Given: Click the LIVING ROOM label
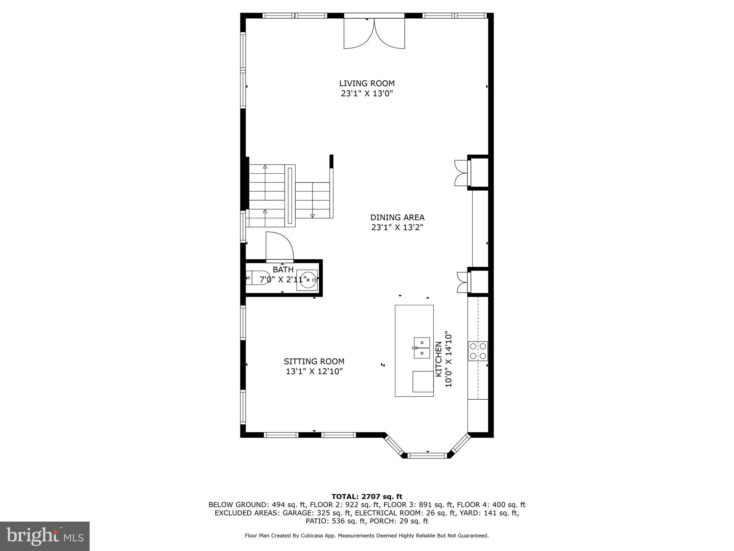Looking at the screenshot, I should [367, 84].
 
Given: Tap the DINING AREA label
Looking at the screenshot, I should [397, 217].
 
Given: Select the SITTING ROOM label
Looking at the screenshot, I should [314, 362].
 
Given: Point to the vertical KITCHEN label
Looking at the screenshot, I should [438, 359].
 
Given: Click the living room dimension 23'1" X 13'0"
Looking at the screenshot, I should [367, 94].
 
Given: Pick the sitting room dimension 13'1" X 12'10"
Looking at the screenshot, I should [314, 372].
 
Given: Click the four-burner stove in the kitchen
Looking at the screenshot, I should [478, 351].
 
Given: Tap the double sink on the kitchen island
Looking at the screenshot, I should [422, 348].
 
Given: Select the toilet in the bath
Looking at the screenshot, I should [258, 278].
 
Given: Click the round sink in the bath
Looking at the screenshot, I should [307, 280].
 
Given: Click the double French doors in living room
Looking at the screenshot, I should [374, 34].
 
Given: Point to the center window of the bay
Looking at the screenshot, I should [427, 456].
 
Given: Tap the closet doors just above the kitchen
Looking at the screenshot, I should [462, 282].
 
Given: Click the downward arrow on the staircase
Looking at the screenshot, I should [313, 216].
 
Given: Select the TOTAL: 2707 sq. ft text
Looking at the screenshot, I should [367, 496].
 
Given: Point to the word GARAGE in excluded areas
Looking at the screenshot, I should [296, 513].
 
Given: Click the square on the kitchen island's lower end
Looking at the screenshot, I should [423, 381].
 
